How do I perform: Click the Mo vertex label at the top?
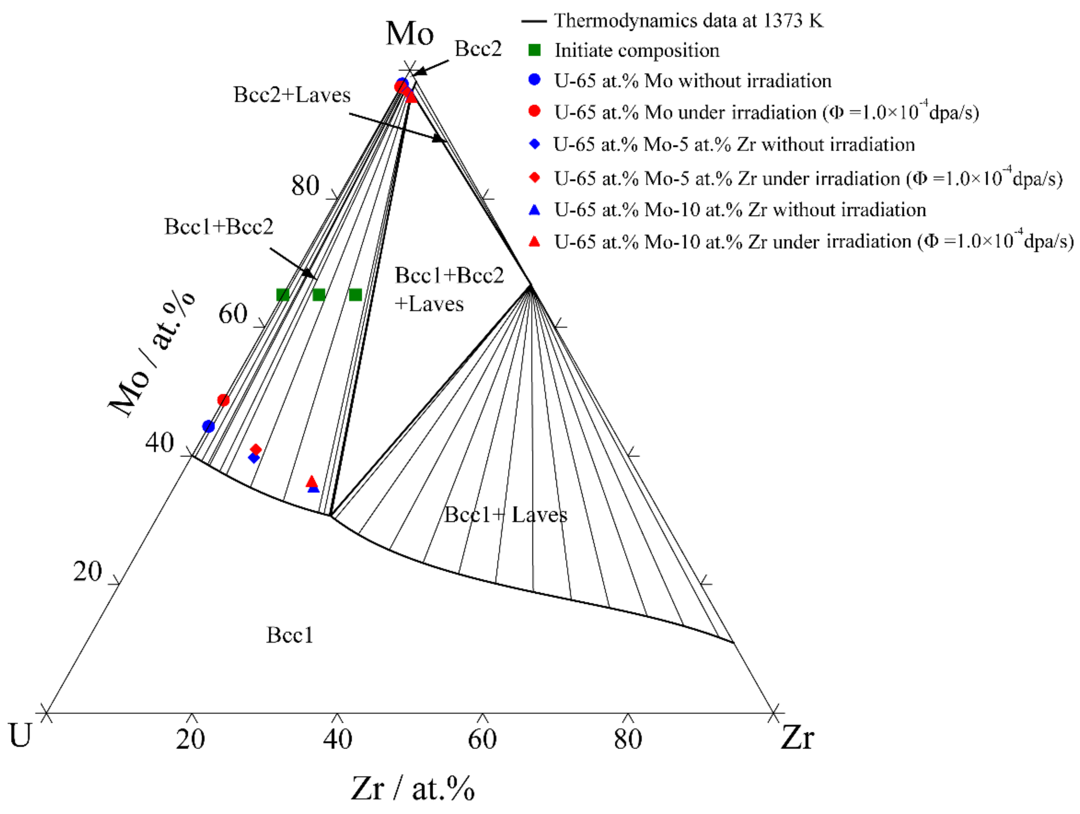[x=409, y=34]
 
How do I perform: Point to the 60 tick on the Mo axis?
[x=233, y=314]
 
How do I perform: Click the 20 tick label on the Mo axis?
[x=88, y=571]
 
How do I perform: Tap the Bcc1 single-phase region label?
[x=290, y=635]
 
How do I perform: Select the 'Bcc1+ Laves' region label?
[x=505, y=515]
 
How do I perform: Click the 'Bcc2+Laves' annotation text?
[x=292, y=95]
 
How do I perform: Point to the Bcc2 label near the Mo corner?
[x=478, y=49]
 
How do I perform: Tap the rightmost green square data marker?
[x=355, y=295]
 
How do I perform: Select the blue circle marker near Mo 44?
[x=208, y=426]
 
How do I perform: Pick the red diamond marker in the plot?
[x=255, y=449]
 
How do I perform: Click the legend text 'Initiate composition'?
[x=637, y=50]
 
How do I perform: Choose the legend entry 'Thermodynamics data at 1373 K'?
[x=688, y=21]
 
